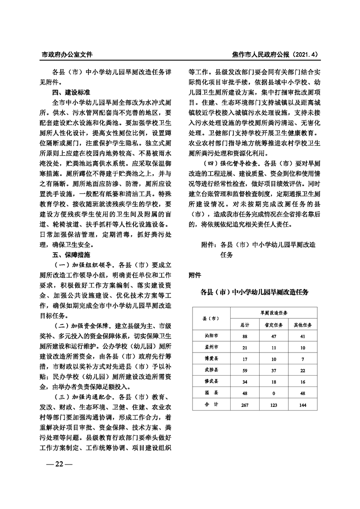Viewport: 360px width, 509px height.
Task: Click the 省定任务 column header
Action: [x=273, y=325]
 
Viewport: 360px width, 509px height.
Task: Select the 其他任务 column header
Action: [x=303, y=325]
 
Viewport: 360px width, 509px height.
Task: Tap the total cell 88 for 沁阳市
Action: [x=245, y=337]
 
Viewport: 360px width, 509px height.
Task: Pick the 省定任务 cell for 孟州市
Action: [x=273, y=347]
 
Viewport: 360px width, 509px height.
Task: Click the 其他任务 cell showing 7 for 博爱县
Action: [x=303, y=359]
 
